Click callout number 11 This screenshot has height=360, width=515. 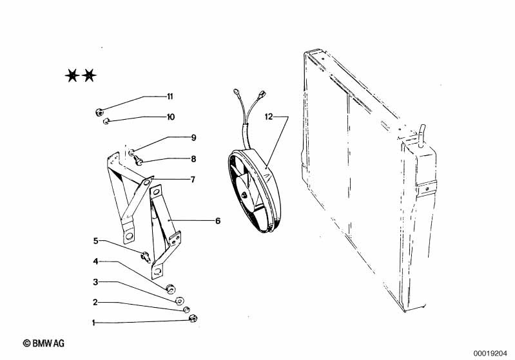[170, 97]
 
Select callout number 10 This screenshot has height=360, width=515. [171, 117]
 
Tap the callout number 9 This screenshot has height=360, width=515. [193, 138]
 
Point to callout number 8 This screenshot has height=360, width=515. [193, 159]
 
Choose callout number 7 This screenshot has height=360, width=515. [193, 180]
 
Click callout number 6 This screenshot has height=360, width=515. [218, 221]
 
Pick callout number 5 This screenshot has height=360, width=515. [95, 241]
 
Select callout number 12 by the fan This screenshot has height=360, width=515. [269, 117]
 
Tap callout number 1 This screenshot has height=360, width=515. [93, 323]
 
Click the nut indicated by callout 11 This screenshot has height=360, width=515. [99, 112]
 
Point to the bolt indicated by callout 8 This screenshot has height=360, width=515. [139, 161]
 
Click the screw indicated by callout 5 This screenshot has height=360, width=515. [146, 256]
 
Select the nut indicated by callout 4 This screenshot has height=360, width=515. [170, 289]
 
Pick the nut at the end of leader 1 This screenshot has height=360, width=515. [193, 318]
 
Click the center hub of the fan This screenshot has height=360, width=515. [244, 194]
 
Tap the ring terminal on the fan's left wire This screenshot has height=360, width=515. [236, 91]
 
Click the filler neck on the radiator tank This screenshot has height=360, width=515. [421, 135]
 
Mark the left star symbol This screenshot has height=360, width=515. [72, 75]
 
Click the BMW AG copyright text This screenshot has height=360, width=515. [43, 343]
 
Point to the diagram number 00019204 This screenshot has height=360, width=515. [490, 354]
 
